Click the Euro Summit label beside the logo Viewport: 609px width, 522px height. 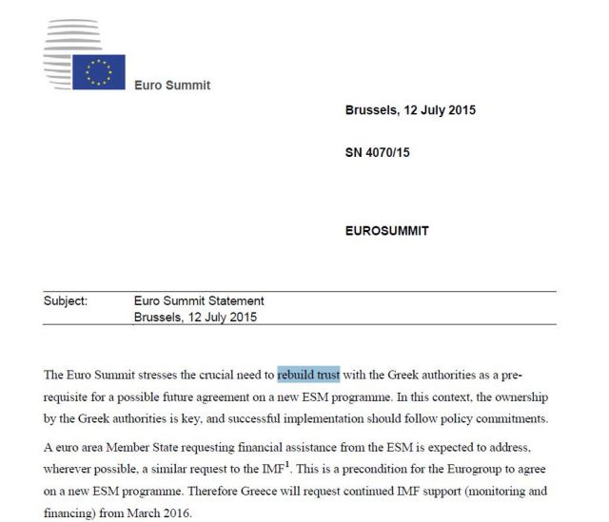pyautogui.click(x=173, y=86)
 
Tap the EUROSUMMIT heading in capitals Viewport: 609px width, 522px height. pyautogui.click(x=386, y=231)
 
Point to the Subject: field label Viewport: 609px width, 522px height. pyautogui.click(x=66, y=301)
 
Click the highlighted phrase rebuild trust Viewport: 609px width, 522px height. pyautogui.click(x=308, y=375)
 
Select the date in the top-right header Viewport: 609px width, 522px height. pyautogui.click(x=410, y=110)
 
